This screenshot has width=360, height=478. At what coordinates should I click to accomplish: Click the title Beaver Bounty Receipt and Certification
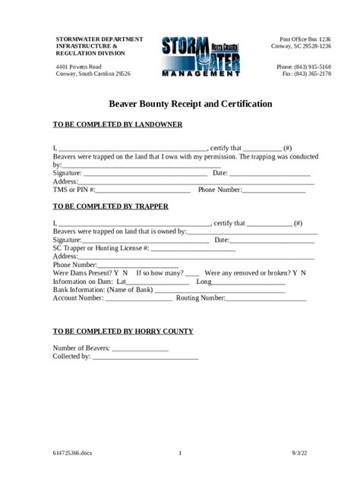pos(180,103)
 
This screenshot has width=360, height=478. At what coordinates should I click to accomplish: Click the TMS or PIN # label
pos(74,190)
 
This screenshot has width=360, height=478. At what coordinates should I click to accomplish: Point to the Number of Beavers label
pos(81,348)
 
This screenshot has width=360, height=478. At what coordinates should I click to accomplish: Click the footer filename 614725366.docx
pos(73,454)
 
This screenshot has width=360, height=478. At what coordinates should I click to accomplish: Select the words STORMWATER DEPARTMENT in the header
pos(99,38)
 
